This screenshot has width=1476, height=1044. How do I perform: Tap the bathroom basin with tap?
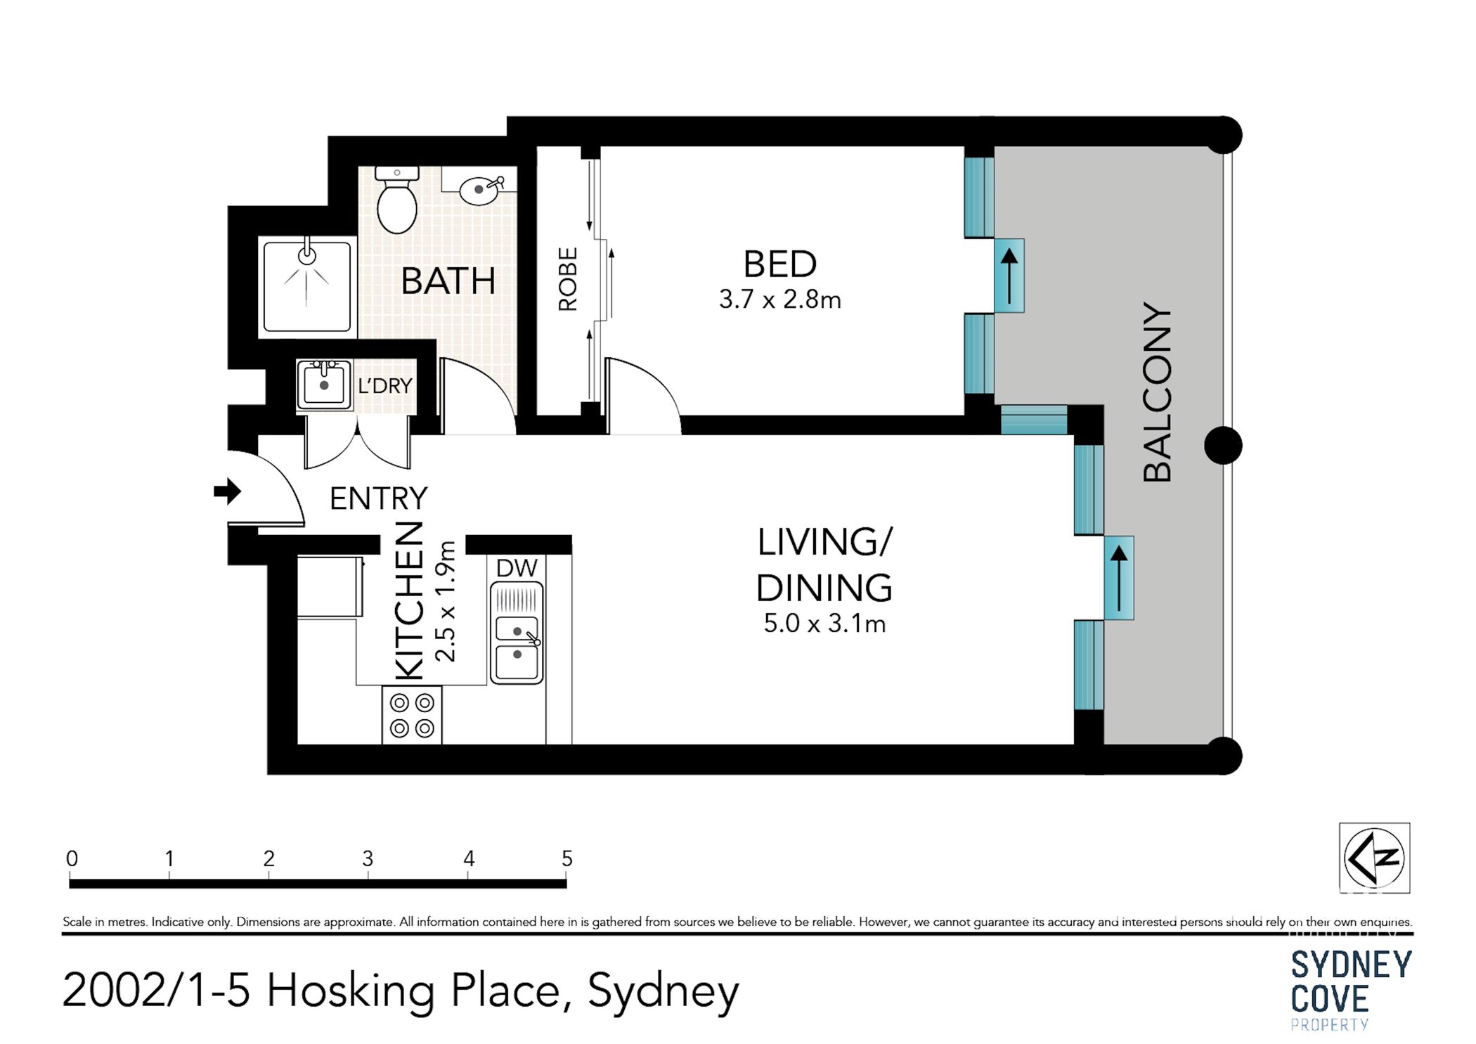(480, 190)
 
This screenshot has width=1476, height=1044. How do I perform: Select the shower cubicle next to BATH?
(307, 285)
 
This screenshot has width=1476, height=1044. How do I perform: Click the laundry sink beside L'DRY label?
(324, 385)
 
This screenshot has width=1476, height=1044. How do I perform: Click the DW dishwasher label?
(517, 568)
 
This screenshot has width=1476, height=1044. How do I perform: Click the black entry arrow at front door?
(227, 491)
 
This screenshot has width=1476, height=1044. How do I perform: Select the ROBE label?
(568, 279)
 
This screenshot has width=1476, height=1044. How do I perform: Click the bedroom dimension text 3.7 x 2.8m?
(779, 300)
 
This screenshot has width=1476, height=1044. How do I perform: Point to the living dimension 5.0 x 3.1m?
(824, 624)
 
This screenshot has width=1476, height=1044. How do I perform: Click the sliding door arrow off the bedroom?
(1009, 276)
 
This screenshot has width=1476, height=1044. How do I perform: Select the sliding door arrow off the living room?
(1119, 578)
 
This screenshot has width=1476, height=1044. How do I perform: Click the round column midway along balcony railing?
(1223, 445)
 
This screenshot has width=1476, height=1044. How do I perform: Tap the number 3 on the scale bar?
(368, 858)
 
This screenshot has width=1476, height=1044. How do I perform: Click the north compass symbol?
(1373, 858)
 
